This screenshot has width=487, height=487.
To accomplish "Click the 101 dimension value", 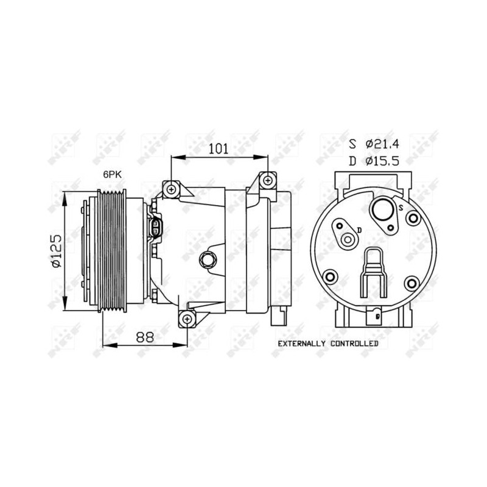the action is (x=218, y=149).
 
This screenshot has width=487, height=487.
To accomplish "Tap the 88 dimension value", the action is (x=145, y=337).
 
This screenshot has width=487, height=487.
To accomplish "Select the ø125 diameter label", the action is (x=57, y=251).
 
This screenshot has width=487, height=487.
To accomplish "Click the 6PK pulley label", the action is (x=112, y=175).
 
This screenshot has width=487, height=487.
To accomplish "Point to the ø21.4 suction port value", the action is (x=382, y=144).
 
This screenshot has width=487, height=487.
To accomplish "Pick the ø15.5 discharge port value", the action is (x=382, y=161).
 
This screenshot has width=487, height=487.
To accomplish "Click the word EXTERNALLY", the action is (x=301, y=344).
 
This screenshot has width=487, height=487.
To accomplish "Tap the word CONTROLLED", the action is (x=354, y=344).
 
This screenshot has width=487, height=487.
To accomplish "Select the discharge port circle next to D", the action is (x=348, y=239).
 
